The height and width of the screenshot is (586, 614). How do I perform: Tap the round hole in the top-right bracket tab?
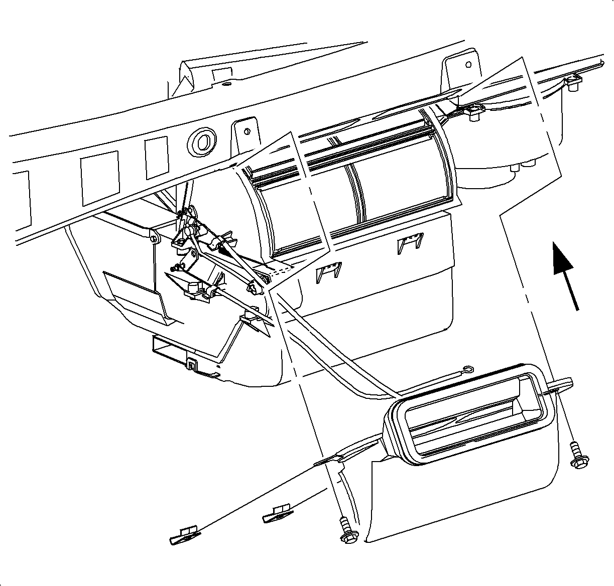coord(468,65)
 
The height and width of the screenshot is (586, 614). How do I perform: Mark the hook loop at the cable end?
coord(468,370)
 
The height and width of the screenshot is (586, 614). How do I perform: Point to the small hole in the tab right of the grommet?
coord(247,131)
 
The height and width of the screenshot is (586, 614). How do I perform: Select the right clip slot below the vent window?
coord(411,243)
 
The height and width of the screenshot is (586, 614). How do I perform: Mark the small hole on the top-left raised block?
coord(223,84)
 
